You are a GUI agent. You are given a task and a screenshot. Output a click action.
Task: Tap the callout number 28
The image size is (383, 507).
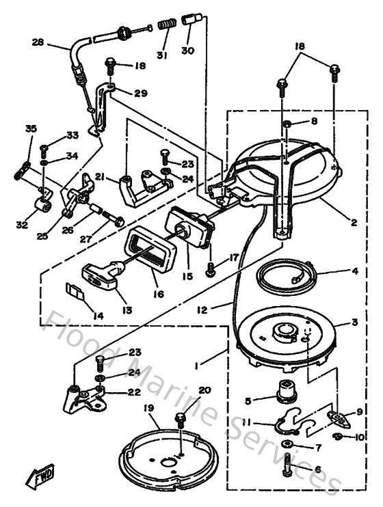point(38,42)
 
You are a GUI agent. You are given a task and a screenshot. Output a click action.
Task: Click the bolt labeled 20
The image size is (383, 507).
point(181,417)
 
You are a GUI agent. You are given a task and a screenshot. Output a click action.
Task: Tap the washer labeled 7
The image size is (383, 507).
point(286,446)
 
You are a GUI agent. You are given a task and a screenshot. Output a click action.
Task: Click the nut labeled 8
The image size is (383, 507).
point(289,124)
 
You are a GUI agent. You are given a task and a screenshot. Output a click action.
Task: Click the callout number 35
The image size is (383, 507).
point(31,128)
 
